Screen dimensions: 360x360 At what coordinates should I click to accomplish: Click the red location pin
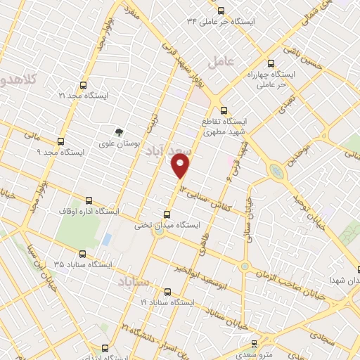pos(181,165)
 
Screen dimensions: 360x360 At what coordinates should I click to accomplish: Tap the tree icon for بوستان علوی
pos(119,131)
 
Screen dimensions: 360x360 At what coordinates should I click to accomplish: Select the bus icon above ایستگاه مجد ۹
pos(61,141)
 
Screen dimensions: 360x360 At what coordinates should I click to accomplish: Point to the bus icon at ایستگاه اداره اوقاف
pos(88,200)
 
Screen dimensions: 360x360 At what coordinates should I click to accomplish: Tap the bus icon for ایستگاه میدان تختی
pos(167,214)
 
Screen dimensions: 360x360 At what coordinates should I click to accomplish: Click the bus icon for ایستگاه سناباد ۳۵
pos(82,254)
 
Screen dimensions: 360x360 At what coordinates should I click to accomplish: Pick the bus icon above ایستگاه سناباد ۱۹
pos(167,291)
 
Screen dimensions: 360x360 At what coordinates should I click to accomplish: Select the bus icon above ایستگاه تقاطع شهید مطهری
pos(224,110)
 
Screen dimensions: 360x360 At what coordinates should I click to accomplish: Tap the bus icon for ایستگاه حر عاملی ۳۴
pos(221,11)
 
